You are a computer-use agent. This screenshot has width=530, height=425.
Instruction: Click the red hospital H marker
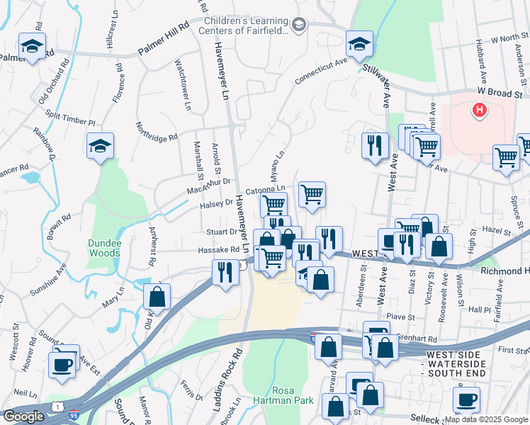click(x=480, y=110)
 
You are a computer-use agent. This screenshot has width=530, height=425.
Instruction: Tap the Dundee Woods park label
click(x=104, y=248)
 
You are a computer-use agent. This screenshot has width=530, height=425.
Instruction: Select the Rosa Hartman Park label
click(x=293, y=396)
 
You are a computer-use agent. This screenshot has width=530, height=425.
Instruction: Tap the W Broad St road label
click(x=500, y=93)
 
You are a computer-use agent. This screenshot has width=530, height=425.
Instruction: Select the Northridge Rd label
click(x=158, y=128)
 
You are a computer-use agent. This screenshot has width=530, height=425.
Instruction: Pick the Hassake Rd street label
click(x=220, y=250)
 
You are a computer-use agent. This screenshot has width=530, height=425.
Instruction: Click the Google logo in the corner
click(x=24, y=416)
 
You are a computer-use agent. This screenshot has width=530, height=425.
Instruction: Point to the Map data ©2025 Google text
click(x=486, y=420)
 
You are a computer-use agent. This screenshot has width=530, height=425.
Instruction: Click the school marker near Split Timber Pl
click(x=101, y=146)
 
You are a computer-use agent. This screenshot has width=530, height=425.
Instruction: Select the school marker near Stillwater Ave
click(x=359, y=44)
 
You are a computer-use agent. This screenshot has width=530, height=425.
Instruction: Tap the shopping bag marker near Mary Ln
click(x=157, y=296)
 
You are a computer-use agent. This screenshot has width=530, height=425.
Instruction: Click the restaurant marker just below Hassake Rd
click(x=225, y=272)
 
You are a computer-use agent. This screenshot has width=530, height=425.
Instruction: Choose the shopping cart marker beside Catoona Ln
click(x=312, y=194)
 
